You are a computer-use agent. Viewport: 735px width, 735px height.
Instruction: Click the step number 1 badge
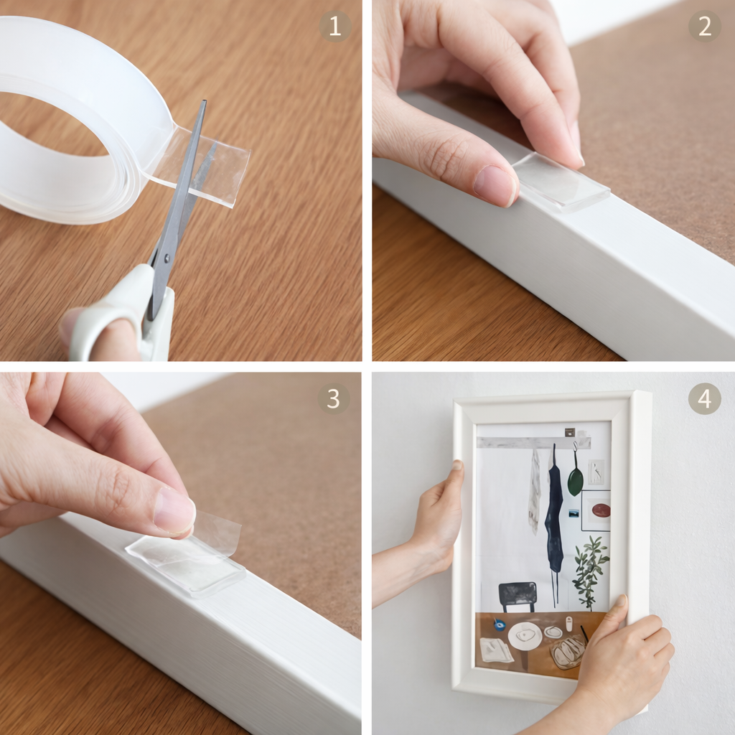pyautogui.click(x=335, y=27)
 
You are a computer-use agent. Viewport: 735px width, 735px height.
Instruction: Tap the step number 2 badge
pyautogui.click(x=704, y=27)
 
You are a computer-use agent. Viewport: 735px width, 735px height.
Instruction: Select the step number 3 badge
pyautogui.click(x=334, y=398)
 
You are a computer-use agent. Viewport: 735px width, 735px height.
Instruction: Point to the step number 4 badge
pyautogui.click(x=704, y=398)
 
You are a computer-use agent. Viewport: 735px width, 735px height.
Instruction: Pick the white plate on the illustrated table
pyautogui.click(x=525, y=636)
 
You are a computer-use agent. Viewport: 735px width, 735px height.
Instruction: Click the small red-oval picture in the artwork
pyautogui.click(x=601, y=510)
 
